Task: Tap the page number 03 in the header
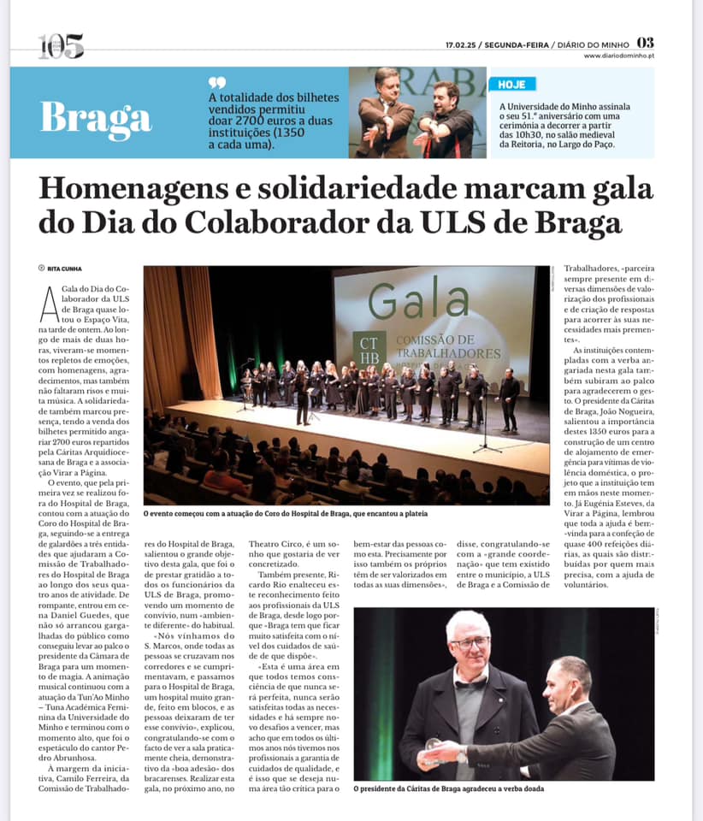click(646, 43)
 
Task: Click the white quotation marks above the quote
click(217, 82)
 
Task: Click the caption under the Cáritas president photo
click(449, 789)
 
